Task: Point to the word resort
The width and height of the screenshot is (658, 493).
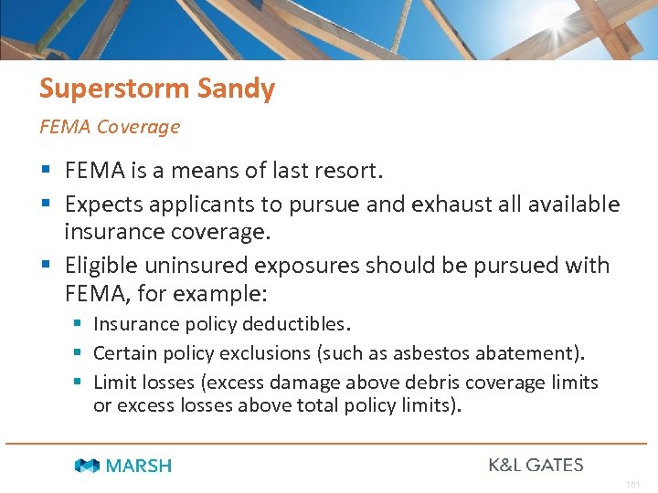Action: (349, 171)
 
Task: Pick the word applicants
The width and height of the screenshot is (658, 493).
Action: (204, 205)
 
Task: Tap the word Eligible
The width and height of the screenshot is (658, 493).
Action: (100, 266)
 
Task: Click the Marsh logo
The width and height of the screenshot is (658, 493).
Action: (122, 466)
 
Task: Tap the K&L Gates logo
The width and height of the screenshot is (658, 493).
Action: (536, 465)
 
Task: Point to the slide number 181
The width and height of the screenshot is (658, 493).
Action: (633, 485)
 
